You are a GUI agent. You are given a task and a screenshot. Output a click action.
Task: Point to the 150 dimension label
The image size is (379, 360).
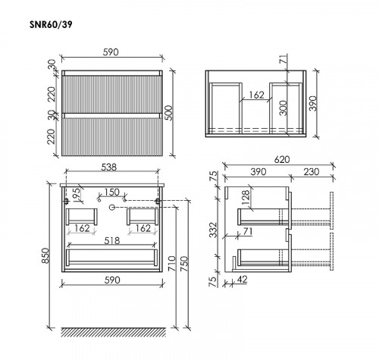coord(111,193)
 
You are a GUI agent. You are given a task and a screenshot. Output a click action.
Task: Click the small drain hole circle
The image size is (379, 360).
coord(111,206)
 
